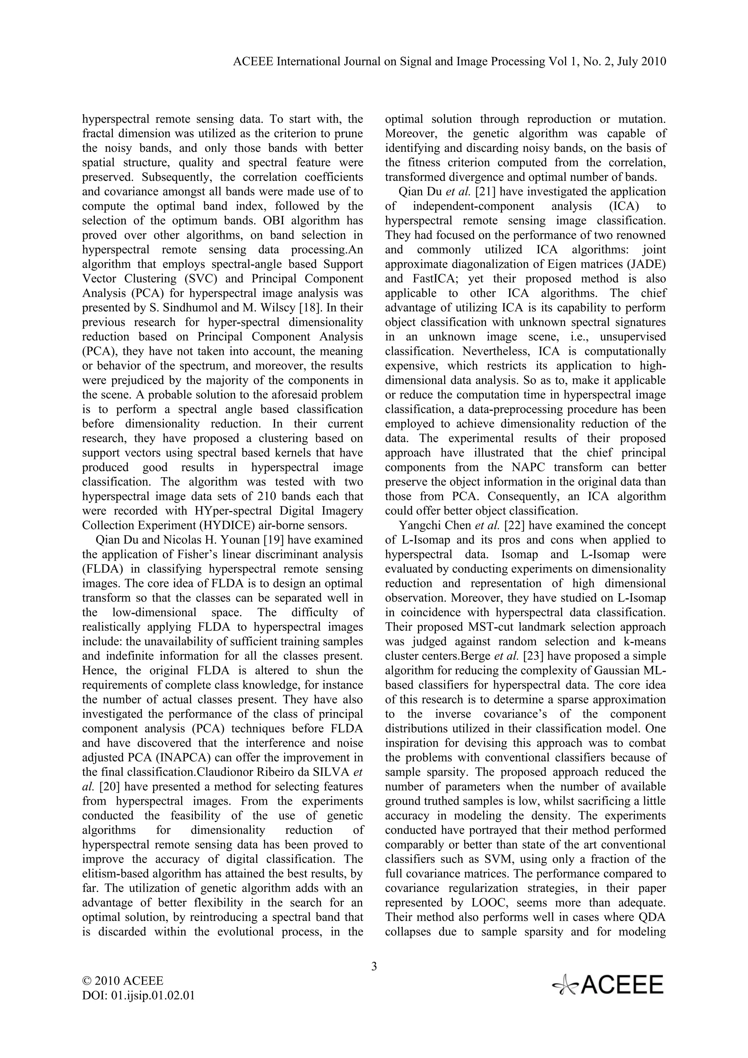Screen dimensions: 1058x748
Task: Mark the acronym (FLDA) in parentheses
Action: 99,569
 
